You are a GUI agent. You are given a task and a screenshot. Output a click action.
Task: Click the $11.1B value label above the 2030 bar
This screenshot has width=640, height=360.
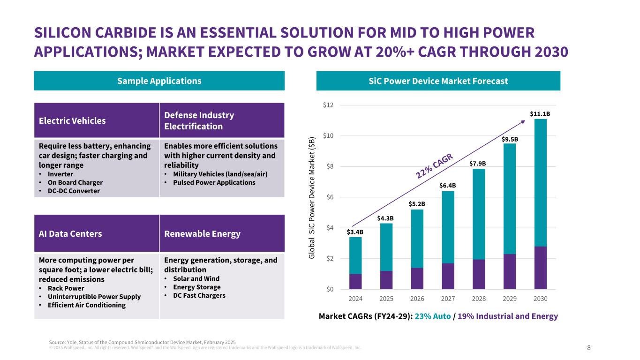(x=540, y=113)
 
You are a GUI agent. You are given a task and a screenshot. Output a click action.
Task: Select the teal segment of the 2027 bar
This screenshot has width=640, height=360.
(x=448, y=227)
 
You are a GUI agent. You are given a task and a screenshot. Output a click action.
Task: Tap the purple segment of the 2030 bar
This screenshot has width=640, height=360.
(x=540, y=267)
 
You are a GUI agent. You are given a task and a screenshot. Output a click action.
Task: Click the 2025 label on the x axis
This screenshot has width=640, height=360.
(x=386, y=298)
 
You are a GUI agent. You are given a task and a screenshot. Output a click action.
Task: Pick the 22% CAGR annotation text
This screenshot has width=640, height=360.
(x=434, y=165)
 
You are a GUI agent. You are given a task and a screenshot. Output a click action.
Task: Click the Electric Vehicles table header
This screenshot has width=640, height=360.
(x=72, y=120)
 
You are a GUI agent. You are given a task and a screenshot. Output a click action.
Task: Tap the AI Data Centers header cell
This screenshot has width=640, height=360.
(x=71, y=233)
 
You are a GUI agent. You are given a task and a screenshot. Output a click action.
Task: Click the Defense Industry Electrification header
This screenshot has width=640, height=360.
(x=199, y=120)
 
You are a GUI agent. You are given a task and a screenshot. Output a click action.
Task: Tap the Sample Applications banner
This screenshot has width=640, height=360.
(x=159, y=81)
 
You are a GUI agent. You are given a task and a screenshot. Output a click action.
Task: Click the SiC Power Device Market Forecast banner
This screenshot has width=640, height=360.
(x=438, y=81)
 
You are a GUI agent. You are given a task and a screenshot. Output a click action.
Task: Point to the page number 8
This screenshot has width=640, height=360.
(x=589, y=348)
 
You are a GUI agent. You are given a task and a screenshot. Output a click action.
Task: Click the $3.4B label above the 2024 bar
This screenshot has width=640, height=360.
(x=355, y=232)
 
